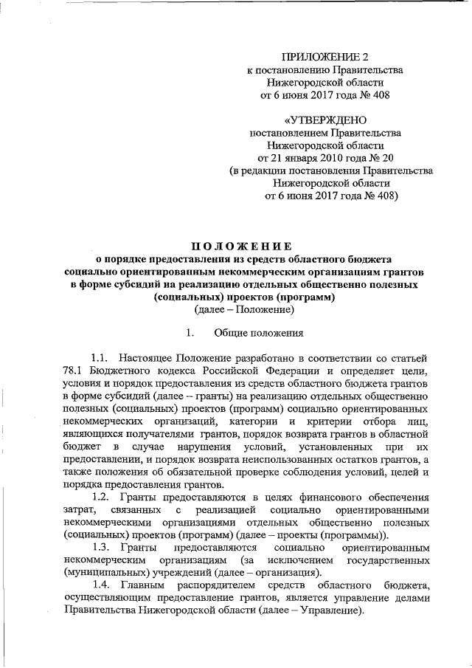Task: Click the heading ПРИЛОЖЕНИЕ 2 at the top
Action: click(324, 56)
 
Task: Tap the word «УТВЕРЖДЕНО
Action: click(324, 120)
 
